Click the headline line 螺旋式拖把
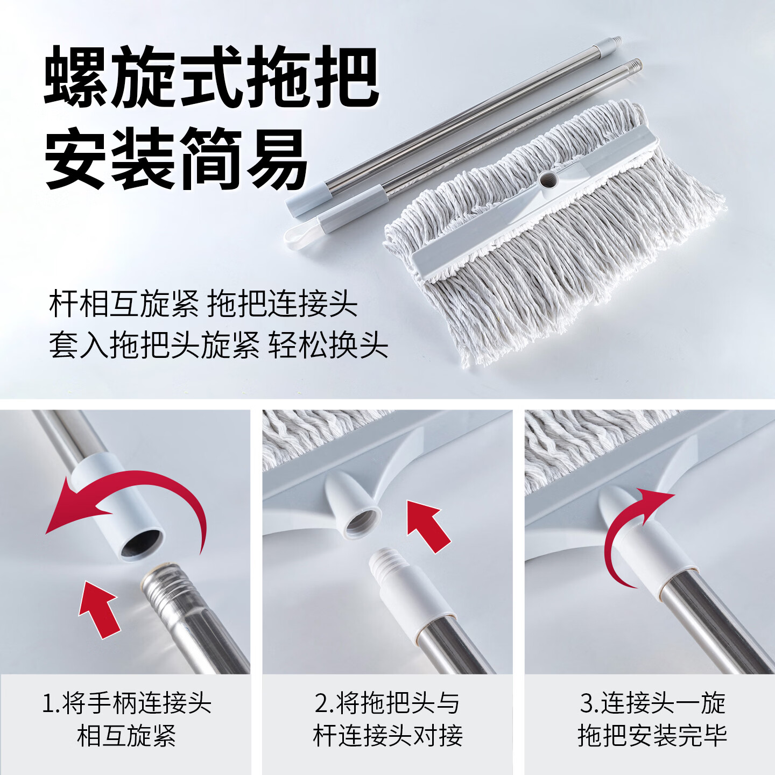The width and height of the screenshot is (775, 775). pyautogui.click(x=211, y=77)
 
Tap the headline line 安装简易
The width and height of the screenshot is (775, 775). pyautogui.click(x=177, y=158)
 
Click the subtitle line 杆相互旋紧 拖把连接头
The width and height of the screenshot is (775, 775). pyautogui.click(x=203, y=304)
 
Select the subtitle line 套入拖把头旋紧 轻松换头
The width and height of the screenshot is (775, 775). pyautogui.click(x=218, y=345)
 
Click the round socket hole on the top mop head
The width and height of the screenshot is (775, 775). pyautogui.click(x=548, y=179)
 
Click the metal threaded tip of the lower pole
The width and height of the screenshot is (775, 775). pyautogui.click(x=635, y=65)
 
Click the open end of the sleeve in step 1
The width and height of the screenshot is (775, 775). pyautogui.click(x=141, y=544)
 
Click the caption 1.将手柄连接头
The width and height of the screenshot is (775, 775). pyautogui.click(x=126, y=703)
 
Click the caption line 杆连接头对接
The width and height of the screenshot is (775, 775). pyautogui.click(x=387, y=736)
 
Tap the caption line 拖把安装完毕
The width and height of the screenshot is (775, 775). pyautogui.click(x=652, y=736)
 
